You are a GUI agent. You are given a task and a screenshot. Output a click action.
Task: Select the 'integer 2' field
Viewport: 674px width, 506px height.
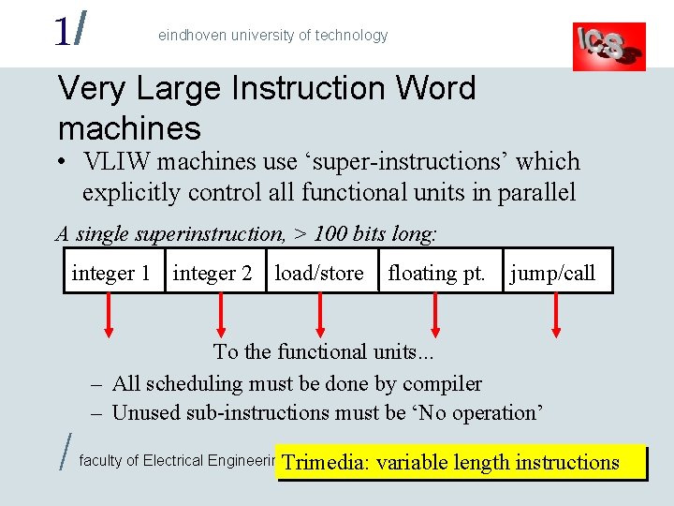[x=213, y=273]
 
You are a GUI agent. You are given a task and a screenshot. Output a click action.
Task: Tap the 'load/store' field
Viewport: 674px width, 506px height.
[x=319, y=273]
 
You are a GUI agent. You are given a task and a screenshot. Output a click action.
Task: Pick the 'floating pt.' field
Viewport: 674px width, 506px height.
[x=437, y=273]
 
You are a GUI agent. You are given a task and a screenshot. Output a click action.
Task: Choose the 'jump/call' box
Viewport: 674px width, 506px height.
[x=553, y=273]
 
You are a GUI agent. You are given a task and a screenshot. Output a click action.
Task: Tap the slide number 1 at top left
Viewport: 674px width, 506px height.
[x=61, y=31]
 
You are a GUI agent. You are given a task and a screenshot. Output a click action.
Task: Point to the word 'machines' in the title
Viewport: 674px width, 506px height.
[x=129, y=127]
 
